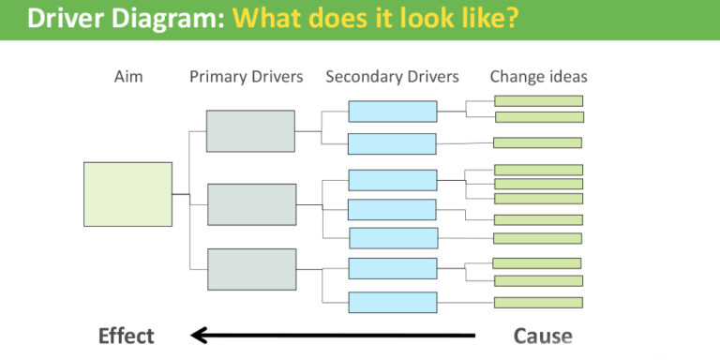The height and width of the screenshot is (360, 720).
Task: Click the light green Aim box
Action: pos(127,194)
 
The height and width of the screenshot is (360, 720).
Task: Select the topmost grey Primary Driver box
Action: pos(250,131)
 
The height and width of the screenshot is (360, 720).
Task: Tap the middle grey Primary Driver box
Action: pos(251,204)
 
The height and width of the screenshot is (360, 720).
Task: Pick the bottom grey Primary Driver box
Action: pos(251,269)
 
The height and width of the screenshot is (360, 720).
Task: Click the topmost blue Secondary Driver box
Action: pos(392,112)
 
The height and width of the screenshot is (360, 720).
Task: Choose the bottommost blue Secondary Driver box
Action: pos(392,302)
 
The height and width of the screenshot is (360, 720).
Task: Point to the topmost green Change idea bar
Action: pos(538,100)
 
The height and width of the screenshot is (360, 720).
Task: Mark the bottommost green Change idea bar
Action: pos(538,302)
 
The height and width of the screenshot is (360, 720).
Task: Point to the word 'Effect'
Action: pos(127,336)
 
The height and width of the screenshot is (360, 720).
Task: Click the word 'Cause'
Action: pos(543,336)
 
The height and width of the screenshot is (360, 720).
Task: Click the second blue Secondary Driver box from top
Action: pos(392,143)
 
